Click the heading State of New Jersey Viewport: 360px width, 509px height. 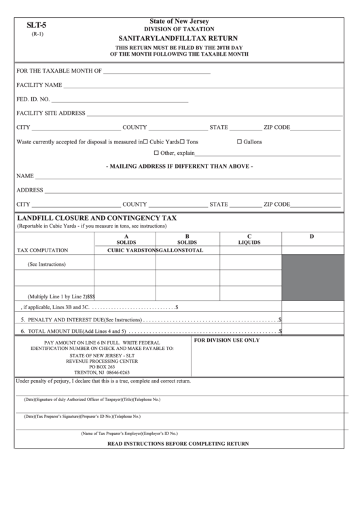point(179,22)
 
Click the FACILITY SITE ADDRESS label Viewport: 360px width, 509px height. point(50,113)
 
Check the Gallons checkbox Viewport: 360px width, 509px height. point(239,142)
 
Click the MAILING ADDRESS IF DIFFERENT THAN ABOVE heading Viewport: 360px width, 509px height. point(179,166)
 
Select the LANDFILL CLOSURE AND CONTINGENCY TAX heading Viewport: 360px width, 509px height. point(96,218)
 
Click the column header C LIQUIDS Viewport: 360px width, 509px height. point(249,239)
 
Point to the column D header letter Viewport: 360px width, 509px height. point(312,236)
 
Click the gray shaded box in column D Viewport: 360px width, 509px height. point(312,277)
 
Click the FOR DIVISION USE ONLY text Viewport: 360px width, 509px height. point(227,339)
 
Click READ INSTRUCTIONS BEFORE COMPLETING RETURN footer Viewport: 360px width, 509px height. point(178,443)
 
